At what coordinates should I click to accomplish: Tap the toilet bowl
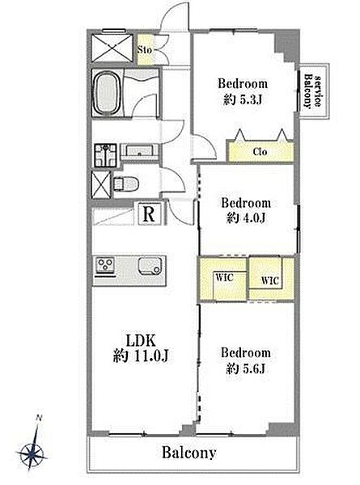(126, 183)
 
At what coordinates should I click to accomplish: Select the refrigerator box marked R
(150, 213)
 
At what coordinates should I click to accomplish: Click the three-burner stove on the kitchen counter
(105, 265)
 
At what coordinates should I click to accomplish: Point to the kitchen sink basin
(150, 266)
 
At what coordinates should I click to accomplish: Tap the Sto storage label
(145, 49)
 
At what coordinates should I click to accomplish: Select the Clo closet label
(260, 152)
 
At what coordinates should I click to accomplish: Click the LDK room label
(140, 340)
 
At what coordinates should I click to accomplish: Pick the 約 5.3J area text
(243, 99)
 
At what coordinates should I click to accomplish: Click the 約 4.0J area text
(246, 218)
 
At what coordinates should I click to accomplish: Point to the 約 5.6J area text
(245, 369)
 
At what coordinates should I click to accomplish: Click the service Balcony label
(312, 91)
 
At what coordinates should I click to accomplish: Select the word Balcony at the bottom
(188, 453)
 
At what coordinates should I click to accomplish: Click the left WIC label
(224, 277)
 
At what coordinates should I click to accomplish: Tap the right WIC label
(270, 280)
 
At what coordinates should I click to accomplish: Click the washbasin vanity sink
(140, 151)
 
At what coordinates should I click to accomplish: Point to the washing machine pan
(105, 155)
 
